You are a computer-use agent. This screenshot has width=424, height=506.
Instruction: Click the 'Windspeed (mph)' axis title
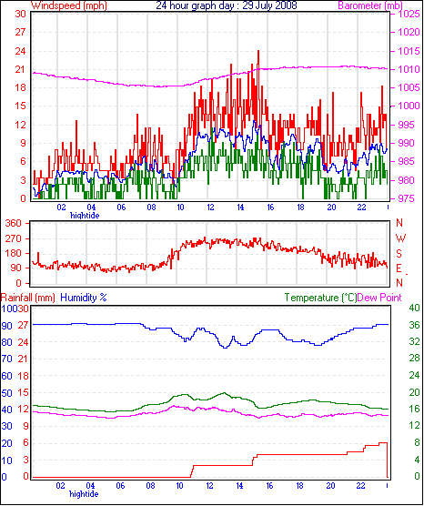click(69, 5)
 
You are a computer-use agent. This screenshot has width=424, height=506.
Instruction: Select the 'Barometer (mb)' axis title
click(370, 5)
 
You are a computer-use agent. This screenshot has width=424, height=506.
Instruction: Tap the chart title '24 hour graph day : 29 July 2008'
click(227, 5)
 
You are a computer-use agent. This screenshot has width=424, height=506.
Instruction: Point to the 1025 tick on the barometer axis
click(409, 14)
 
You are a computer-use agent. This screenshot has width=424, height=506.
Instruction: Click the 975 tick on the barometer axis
click(409, 198)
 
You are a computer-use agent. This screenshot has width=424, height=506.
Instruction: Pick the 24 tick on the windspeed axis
click(20, 51)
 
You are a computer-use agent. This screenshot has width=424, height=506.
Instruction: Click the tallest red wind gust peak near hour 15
click(258, 51)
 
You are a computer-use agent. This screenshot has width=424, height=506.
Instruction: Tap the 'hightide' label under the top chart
click(85, 216)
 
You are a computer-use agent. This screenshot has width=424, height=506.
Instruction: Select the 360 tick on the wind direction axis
click(14, 223)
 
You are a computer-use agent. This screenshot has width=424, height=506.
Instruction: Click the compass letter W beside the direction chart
click(400, 238)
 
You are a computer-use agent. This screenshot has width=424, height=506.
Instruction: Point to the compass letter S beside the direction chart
click(399, 254)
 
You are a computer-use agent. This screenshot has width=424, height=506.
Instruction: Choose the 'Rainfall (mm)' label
click(27, 298)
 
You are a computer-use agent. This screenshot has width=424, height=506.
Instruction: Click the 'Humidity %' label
click(84, 298)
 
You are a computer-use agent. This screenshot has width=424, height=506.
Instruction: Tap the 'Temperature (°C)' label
click(320, 298)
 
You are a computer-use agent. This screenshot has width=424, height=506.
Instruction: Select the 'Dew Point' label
click(379, 298)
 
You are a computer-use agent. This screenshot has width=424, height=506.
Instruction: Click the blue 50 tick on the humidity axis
click(6, 393)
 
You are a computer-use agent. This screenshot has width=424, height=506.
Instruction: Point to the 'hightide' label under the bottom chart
click(84, 494)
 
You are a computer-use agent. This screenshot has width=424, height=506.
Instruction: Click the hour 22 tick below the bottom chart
click(360, 486)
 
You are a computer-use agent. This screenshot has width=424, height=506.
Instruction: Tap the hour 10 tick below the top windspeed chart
click(180, 207)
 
